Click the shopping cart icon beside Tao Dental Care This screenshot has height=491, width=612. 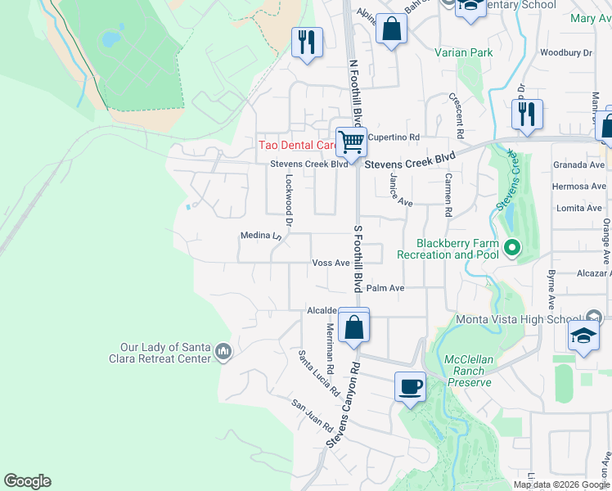[x=351, y=142]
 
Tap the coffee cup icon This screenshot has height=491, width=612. [x=409, y=385]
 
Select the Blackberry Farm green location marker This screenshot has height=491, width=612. [x=512, y=246]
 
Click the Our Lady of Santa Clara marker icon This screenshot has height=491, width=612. [x=223, y=353]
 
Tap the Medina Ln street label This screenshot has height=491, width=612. [x=261, y=236]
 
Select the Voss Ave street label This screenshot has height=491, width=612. [x=331, y=263]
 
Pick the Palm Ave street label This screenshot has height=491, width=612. [x=385, y=288]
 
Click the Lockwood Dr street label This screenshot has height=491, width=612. [x=288, y=200]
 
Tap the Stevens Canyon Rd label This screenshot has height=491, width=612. [x=343, y=407]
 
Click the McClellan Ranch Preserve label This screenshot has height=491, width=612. [x=468, y=371]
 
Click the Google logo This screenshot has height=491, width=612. [x=28, y=481]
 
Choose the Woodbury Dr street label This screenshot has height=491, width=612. [x=565, y=52]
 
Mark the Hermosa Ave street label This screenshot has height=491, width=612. [x=578, y=186]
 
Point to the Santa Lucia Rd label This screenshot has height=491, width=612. [x=318, y=373]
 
